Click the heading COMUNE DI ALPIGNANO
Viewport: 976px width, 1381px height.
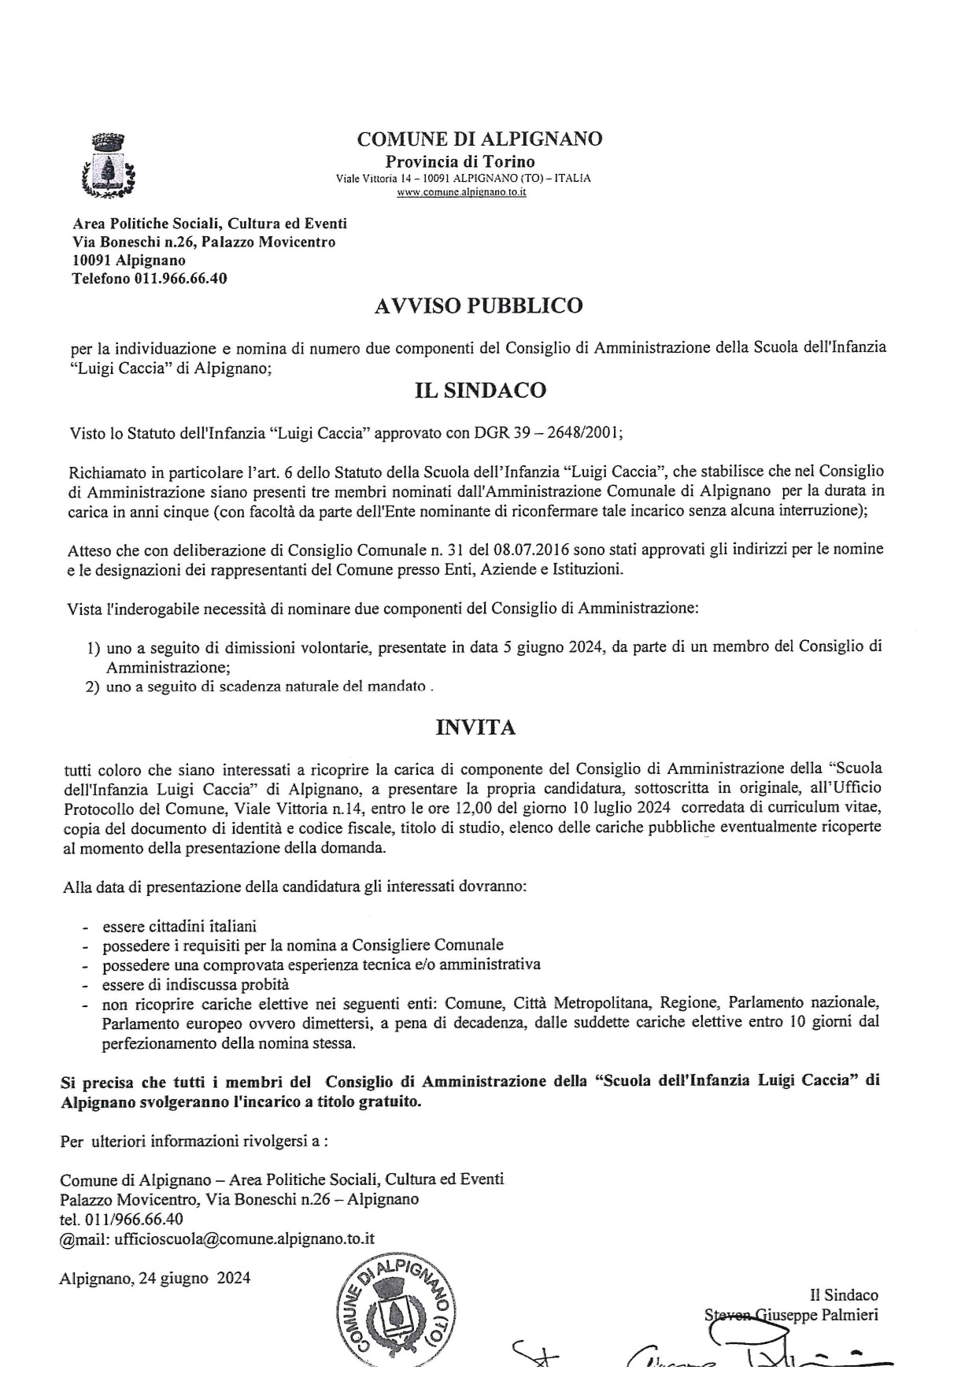[479, 139]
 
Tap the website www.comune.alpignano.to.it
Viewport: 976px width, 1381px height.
[462, 191]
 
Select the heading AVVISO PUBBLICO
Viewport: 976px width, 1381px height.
[479, 305]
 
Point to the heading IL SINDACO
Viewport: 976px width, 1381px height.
[480, 391]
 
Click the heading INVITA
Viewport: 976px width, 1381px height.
[475, 728]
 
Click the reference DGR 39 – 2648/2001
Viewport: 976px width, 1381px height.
[547, 432]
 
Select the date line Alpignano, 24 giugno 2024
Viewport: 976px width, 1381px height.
[155, 1278]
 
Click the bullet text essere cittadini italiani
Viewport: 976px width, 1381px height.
[179, 927]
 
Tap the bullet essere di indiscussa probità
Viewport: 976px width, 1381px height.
[195, 984]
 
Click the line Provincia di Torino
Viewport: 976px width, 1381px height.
[460, 161]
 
